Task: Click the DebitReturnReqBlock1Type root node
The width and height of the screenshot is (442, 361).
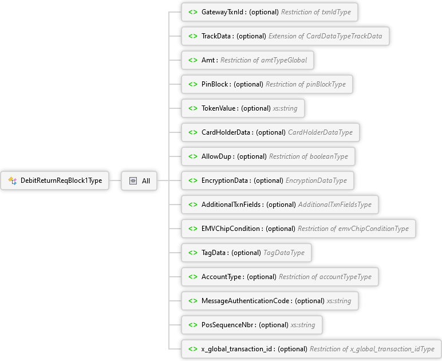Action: [x=55, y=180]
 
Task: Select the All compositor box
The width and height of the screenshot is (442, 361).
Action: [x=139, y=180]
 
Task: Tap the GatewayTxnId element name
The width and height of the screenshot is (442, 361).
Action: [x=222, y=12]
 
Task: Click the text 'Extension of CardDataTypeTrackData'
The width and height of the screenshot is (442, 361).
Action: [x=325, y=36]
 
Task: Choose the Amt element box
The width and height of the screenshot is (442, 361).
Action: [x=247, y=60]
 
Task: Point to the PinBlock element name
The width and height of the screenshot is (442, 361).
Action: [x=215, y=84]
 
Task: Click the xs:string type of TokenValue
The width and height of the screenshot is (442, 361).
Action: [x=285, y=108]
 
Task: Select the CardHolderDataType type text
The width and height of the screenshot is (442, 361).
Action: [x=320, y=132]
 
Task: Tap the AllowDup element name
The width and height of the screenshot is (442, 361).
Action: [x=216, y=156]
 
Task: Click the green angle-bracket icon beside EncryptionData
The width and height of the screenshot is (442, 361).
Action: [x=193, y=180]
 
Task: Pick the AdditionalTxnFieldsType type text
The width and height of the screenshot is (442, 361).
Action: [x=335, y=205]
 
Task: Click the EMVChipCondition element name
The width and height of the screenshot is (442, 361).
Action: [x=231, y=229]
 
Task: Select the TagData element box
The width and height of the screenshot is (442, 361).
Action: [x=246, y=253]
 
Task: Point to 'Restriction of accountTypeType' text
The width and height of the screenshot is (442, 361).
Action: [x=325, y=277]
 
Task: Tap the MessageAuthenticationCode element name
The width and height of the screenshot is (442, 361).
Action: [x=245, y=301]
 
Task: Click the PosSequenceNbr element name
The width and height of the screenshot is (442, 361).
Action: [x=227, y=325]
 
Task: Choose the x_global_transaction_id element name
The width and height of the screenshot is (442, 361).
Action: [x=236, y=349]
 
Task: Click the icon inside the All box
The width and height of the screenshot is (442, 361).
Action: [x=133, y=180]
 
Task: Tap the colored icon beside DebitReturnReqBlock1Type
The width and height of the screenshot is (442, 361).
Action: [x=13, y=180]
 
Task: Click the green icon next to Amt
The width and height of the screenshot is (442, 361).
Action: [x=193, y=60]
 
